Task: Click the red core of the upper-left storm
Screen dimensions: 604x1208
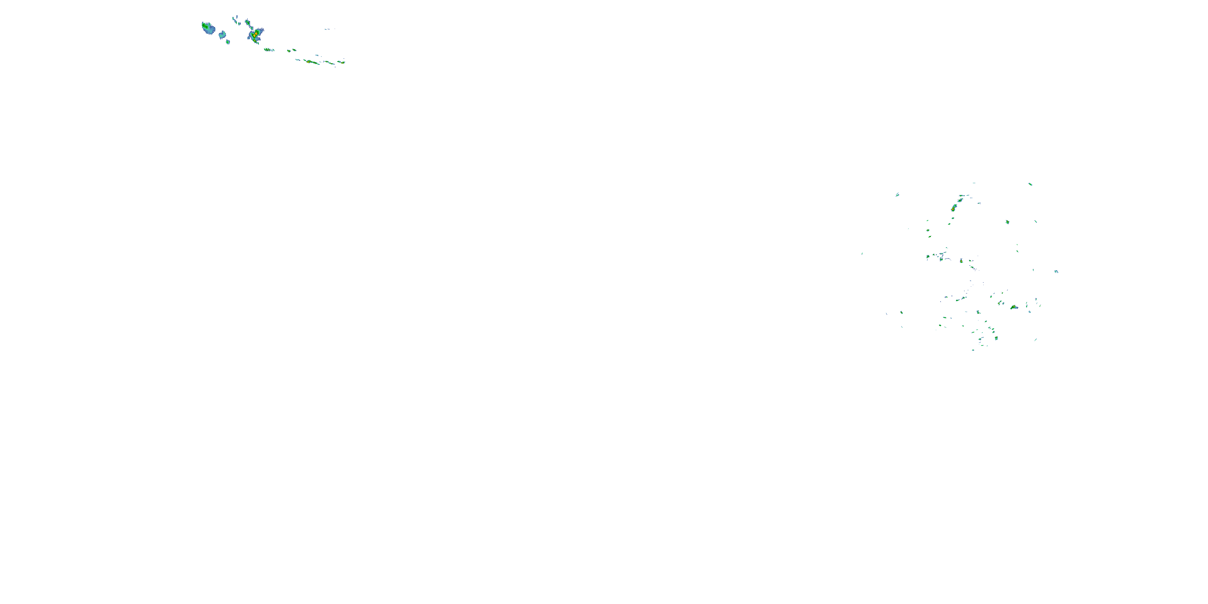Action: (254, 35)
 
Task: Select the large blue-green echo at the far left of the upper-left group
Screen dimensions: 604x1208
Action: (207, 28)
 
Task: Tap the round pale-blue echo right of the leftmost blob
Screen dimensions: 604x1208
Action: (222, 35)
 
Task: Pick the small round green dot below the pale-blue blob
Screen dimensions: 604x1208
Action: (228, 42)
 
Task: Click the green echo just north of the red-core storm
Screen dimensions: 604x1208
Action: (248, 22)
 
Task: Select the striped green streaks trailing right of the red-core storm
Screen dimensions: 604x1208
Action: (269, 49)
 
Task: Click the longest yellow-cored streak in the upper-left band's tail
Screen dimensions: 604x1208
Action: (310, 62)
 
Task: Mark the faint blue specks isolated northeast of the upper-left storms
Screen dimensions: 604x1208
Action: (330, 29)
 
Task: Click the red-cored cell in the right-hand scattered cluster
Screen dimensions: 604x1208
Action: (954, 208)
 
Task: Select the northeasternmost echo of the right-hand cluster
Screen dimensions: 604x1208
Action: (1030, 184)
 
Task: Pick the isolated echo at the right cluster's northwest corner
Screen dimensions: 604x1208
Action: (897, 194)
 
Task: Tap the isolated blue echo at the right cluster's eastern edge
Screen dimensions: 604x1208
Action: (1056, 271)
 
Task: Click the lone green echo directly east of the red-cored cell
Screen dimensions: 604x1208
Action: (1007, 222)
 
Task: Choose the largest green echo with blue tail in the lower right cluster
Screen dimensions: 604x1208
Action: (1014, 307)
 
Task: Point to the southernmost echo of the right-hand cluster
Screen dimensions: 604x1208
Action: (973, 350)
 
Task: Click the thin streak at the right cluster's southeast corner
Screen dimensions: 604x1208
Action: (1035, 339)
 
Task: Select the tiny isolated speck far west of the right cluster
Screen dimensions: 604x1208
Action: (862, 254)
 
